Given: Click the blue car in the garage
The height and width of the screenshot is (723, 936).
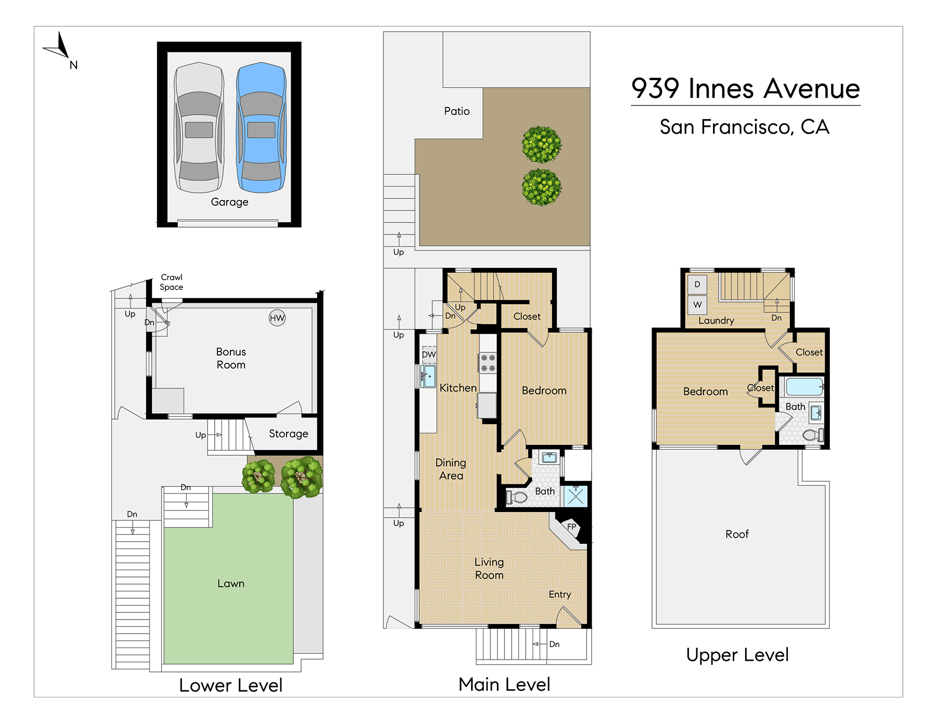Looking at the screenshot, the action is point(261,128).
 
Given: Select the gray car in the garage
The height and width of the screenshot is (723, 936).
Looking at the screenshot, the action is point(199,128).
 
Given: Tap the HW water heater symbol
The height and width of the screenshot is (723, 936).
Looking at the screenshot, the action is point(277,318).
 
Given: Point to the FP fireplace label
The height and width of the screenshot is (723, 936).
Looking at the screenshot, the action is point(572,527).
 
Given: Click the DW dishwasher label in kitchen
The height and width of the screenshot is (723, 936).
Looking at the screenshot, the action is point(429,354).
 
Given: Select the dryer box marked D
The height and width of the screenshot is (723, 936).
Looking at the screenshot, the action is point(697,284).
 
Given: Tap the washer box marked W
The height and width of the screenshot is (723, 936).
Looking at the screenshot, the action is point(697,305).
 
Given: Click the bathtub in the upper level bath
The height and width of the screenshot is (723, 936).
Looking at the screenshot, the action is point(804,387).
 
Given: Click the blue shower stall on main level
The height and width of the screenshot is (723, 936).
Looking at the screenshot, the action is point(576,495).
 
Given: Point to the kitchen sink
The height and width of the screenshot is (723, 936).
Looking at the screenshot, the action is point(428,376).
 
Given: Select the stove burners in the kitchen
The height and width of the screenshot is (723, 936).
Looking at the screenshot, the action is point(488,363).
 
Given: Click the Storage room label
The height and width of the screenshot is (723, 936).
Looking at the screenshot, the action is point(289,434).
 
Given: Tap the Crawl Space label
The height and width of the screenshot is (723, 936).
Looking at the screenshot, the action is point(172,282).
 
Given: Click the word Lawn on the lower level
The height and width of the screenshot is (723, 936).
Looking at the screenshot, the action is point(231,584).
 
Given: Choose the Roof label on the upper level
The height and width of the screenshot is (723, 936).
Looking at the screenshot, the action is point(737,534).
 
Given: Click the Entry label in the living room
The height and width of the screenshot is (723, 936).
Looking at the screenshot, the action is point(560,595).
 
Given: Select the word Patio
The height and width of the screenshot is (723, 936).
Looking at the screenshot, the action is point(457,111).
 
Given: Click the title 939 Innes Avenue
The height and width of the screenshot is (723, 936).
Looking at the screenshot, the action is point(746,88).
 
